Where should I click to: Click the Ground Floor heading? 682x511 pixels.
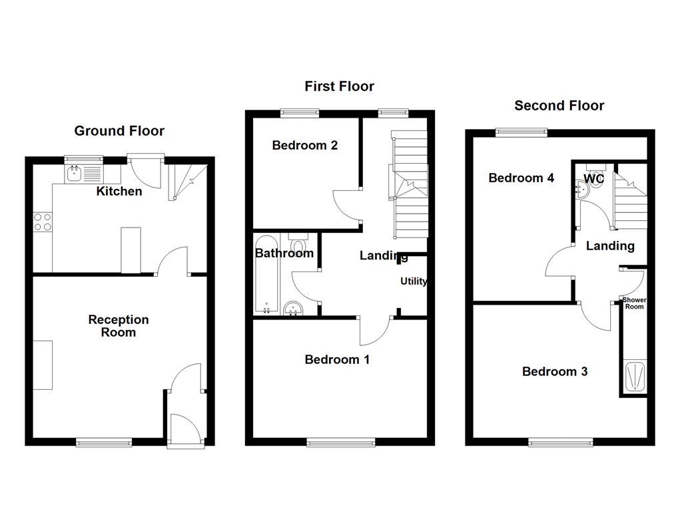(x=119, y=131)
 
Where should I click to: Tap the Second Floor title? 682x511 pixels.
(x=559, y=106)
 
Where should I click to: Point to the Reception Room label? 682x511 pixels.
(x=119, y=326)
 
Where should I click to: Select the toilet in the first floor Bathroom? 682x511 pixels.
(x=298, y=243)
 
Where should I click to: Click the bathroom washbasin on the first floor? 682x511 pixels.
(x=292, y=308)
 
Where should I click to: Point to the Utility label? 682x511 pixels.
(x=414, y=281)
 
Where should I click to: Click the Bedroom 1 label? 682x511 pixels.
(x=337, y=360)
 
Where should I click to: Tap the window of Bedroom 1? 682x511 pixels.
(x=341, y=440)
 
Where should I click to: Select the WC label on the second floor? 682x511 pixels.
(x=593, y=178)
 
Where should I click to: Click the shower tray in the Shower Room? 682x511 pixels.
(x=634, y=376)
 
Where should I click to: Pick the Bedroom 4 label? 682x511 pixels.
(x=521, y=178)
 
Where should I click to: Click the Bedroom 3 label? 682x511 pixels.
(x=555, y=372)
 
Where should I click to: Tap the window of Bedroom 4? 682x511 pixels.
(x=521, y=132)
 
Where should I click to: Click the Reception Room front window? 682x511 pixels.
(x=103, y=442)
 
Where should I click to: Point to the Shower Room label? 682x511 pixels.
(x=634, y=303)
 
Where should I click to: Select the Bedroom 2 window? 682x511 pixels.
(x=300, y=112)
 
